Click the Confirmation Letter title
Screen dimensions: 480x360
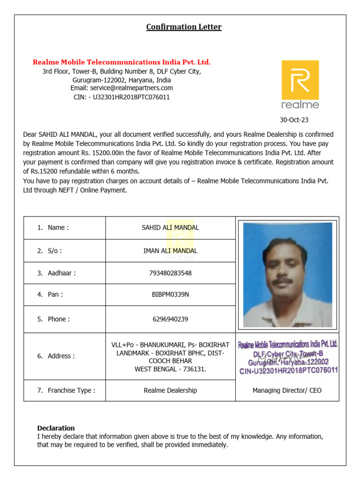point(184,27)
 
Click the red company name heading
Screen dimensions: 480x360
point(121,62)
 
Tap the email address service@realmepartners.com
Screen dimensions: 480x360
point(121,88)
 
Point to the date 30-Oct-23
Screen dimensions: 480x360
point(294,120)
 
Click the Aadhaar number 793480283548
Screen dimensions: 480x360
point(170,273)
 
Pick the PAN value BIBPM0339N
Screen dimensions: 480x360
point(170,294)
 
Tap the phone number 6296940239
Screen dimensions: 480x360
point(170,319)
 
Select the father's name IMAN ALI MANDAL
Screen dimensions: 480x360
point(170,251)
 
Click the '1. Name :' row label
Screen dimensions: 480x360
point(53,228)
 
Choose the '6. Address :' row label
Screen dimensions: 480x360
point(56,356)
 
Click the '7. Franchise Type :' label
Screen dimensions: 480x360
point(66,390)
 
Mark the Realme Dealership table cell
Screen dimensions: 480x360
point(170,390)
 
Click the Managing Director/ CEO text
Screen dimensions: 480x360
point(287,390)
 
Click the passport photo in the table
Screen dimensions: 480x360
point(287,275)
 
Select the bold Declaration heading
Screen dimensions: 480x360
point(56,428)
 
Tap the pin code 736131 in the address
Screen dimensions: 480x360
point(194,369)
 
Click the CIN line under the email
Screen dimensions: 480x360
point(121,97)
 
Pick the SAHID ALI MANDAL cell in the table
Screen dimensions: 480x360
point(170,228)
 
